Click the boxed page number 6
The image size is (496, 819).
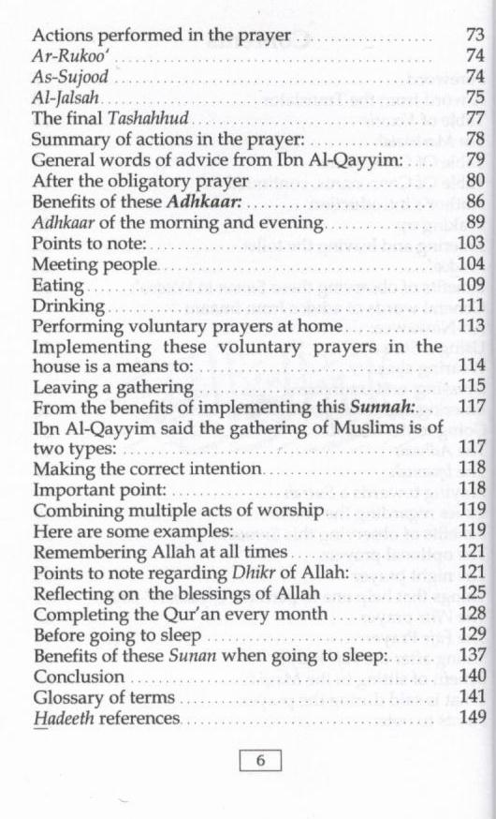coord(260,761)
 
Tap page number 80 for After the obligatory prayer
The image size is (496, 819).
coord(473,180)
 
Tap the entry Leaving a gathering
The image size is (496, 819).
coord(113,386)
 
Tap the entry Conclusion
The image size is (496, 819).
coord(79,676)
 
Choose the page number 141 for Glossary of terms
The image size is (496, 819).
coord(469,697)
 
